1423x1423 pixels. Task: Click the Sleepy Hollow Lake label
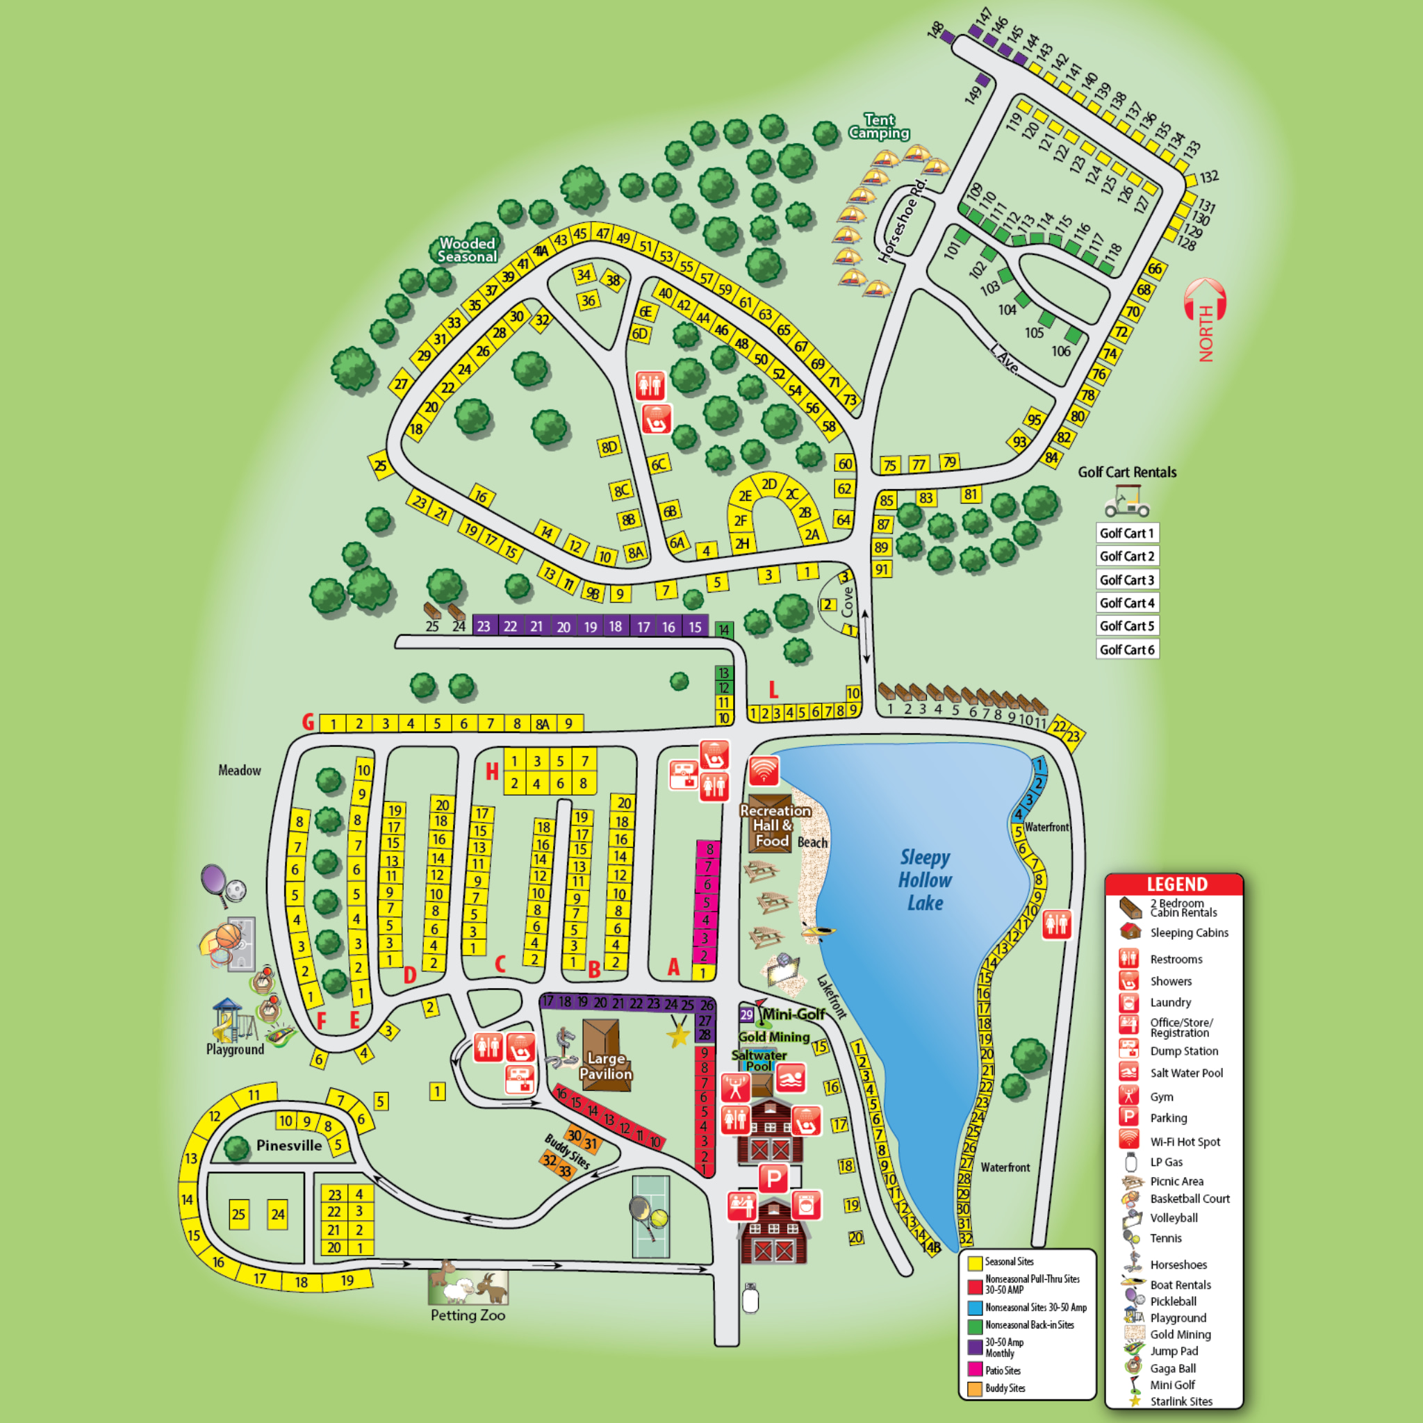coord(925,880)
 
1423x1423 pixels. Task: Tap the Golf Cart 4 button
coord(1127,602)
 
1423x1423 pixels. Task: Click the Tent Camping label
coord(879,126)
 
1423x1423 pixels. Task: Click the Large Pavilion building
coord(605,1055)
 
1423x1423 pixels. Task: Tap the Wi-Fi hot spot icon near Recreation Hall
coord(764,771)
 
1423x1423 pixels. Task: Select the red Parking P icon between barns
coord(773,1179)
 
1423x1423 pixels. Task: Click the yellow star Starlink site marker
coord(678,1035)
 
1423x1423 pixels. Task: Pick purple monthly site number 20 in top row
coord(564,626)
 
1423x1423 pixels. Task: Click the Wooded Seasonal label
coord(467,249)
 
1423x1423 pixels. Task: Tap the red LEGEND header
coord(1176,885)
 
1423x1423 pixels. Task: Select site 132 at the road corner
coord(1192,181)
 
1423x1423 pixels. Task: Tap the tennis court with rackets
coord(650,1216)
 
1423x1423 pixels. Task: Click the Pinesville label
coord(289,1145)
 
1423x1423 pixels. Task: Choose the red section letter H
coord(492,771)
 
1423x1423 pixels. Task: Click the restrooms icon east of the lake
coord(1057,924)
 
